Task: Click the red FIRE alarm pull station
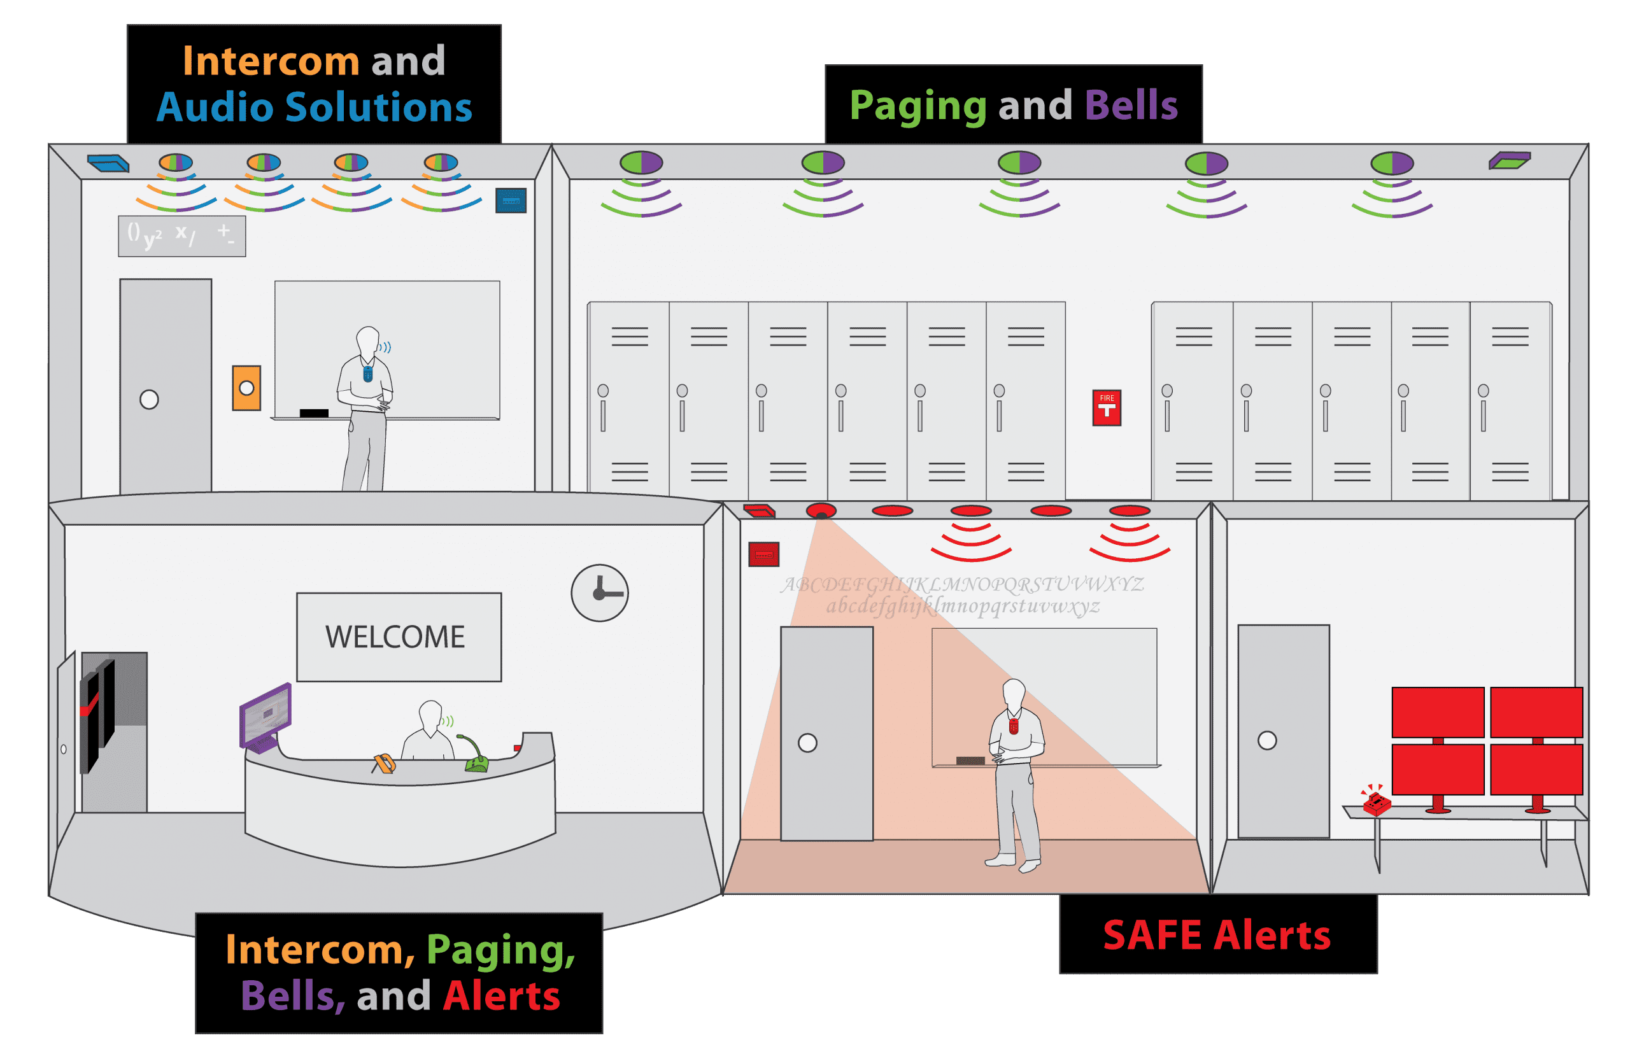(x=1106, y=408)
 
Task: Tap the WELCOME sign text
(x=395, y=637)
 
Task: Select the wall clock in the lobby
(x=600, y=593)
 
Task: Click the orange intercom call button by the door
(x=246, y=388)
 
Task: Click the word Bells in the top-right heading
(x=1131, y=106)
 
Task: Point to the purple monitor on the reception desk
(x=266, y=715)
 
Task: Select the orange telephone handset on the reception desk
(x=384, y=763)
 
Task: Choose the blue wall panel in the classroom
(x=511, y=200)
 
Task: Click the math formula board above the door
(x=182, y=236)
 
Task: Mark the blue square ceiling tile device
(x=108, y=163)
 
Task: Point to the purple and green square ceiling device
(x=1510, y=161)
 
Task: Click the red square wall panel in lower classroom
(x=764, y=554)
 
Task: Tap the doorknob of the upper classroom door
(x=149, y=399)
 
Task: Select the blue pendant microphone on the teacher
(x=367, y=374)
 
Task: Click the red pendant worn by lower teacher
(x=1014, y=725)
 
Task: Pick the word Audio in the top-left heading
(x=215, y=108)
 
